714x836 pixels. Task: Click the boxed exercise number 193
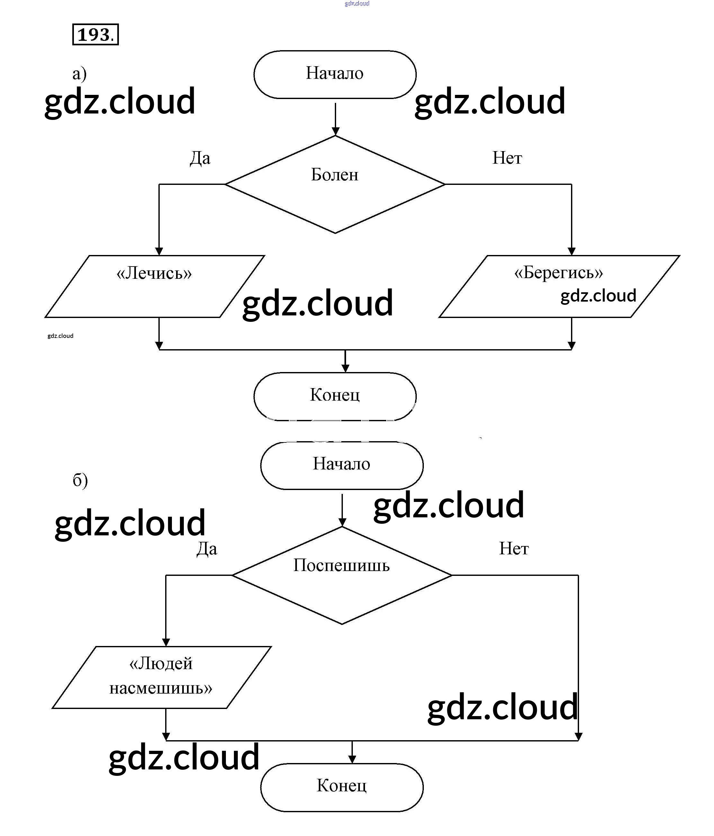(x=95, y=35)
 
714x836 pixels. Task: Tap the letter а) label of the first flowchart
(x=79, y=74)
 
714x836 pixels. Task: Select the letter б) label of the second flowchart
(x=80, y=480)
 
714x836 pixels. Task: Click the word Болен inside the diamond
(x=335, y=175)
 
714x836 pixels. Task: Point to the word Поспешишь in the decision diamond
(x=342, y=565)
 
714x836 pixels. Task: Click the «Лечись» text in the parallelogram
(x=154, y=273)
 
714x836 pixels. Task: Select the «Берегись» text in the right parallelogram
(x=558, y=273)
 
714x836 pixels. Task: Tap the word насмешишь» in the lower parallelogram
(x=160, y=688)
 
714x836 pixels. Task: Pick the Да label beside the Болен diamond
(x=200, y=158)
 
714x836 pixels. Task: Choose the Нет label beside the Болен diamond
(x=507, y=158)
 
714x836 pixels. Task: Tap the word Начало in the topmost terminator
(x=335, y=73)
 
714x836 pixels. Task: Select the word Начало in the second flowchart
(x=342, y=464)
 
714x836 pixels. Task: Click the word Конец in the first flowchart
(x=335, y=395)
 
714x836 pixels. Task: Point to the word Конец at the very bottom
(x=342, y=786)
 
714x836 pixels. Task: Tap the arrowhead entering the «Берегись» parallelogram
(x=571, y=251)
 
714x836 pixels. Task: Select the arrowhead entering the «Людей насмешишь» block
(x=166, y=642)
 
